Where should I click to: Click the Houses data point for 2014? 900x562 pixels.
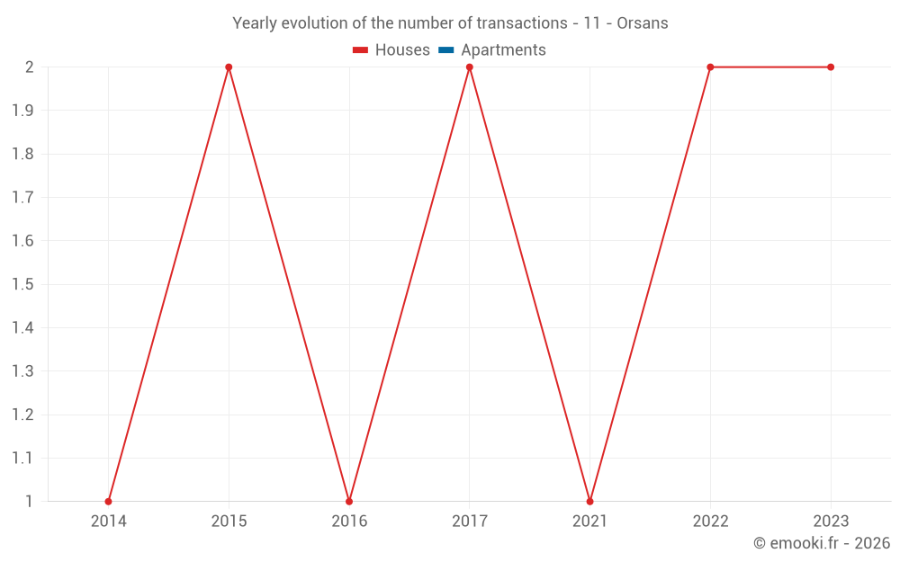108,501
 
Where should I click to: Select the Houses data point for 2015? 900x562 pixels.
229,67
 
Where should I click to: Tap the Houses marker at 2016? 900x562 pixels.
349,501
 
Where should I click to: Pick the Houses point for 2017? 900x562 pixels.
470,67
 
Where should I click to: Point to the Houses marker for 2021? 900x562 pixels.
589,501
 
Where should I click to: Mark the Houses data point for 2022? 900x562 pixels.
710,67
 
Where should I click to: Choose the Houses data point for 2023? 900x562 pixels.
831,67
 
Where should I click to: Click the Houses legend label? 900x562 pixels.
402,50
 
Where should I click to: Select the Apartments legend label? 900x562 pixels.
503,50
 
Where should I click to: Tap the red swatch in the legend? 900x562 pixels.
361,50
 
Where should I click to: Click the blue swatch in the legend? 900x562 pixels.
446,50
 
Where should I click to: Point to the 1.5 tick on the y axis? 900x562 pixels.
22,284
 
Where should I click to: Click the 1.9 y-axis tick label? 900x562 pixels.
22,111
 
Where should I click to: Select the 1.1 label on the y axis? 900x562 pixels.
22,458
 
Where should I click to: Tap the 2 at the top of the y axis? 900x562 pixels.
29,67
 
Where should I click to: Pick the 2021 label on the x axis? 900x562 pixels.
589,521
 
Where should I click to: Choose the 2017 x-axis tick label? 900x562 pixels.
470,521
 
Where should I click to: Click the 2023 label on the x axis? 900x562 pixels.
831,521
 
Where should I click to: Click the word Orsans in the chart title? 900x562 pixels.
643,23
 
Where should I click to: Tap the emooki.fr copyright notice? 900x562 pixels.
822,543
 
